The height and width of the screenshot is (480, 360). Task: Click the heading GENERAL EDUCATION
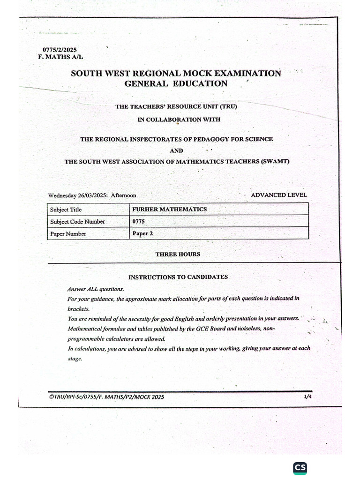click(x=176, y=84)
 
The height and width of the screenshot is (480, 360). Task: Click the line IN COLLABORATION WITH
click(x=179, y=120)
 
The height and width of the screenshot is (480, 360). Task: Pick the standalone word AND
click(x=176, y=150)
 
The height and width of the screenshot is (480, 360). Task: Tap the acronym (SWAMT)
click(x=273, y=162)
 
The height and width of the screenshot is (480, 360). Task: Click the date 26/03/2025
click(x=91, y=195)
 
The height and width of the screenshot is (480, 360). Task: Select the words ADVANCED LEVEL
click(x=279, y=195)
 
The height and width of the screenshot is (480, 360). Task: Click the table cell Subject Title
click(x=66, y=210)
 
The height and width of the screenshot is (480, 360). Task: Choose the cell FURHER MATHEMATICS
click(x=169, y=209)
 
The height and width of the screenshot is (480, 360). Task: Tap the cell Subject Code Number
click(x=78, y=222)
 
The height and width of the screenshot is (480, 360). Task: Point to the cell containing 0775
click(x=139, y=221)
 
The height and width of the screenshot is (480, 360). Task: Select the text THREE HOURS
click(x=178, y=254)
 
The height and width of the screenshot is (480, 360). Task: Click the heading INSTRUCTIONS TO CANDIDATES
click(x=178, y=277)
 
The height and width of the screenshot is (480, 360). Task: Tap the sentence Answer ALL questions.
click(x=89, y=289)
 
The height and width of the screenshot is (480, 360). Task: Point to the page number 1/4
click(x=307, y=397)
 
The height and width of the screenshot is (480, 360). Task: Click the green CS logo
click(x=300, y=468)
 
